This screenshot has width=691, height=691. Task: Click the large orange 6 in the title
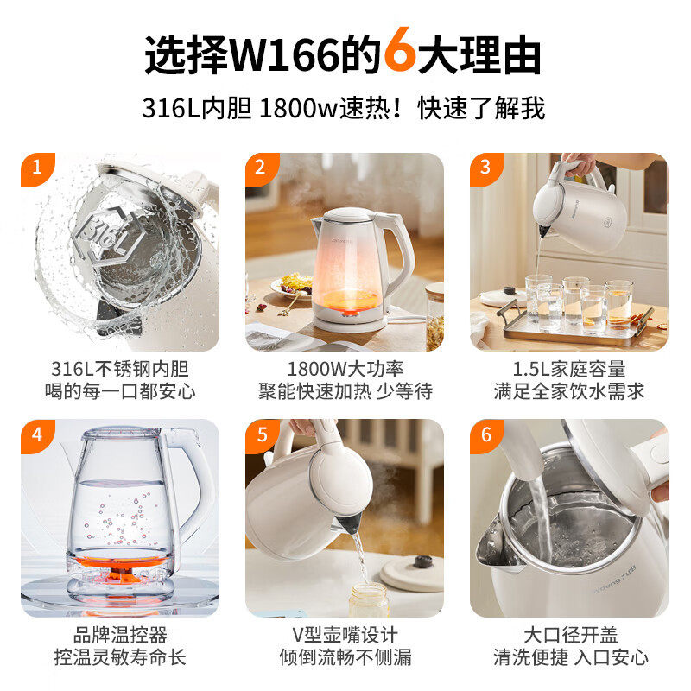click(x=399, y=54)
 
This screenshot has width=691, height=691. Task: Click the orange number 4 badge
click(x=35, y=434)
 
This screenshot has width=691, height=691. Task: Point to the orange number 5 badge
click(x=260, y=434)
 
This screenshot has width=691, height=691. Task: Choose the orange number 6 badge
click(x=485, y=434)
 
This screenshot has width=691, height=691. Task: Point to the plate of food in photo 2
click(x=293, y=284)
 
